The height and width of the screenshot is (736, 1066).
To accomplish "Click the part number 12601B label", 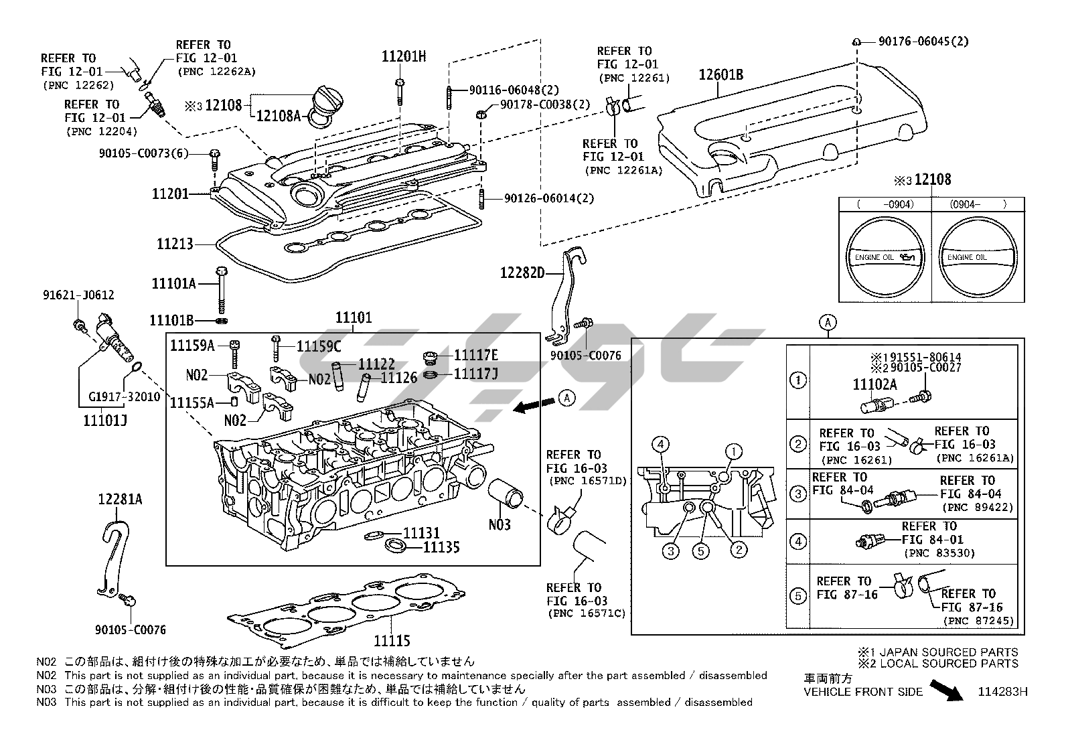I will click(721, 75).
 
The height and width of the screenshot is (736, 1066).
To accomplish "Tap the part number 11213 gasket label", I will click(175, 244).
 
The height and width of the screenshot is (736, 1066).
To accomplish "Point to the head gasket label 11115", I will click(392, 641).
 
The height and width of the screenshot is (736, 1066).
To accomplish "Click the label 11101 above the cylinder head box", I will click(353, 318).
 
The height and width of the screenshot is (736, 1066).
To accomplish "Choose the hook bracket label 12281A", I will click(120, 500).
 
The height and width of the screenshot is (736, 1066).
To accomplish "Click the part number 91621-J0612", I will click(78, 295).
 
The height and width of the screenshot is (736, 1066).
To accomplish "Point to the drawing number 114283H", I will click(1002, 692).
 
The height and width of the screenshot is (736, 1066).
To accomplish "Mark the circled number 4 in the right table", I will click(797, 541).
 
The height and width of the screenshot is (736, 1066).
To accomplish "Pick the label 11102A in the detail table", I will click(874, 384).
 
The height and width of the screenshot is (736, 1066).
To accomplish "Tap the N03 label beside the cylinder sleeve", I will click(500, 524).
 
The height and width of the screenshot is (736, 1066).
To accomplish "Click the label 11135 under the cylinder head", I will click(441, 548).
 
